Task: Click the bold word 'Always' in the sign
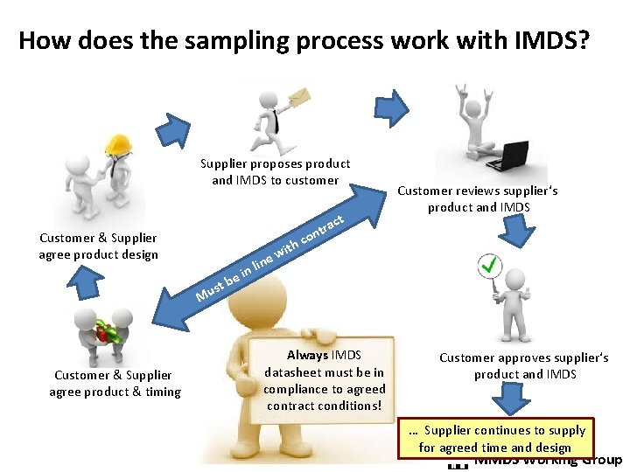[x=307, y=355]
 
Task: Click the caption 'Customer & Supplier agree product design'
[x=98, y=246]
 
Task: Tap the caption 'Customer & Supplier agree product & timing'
[x=115, y=383]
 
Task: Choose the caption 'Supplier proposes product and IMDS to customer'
[x=275, y=171]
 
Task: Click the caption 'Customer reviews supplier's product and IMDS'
[x=477, y=198]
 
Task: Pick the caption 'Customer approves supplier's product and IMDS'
[x=523, y=365]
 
